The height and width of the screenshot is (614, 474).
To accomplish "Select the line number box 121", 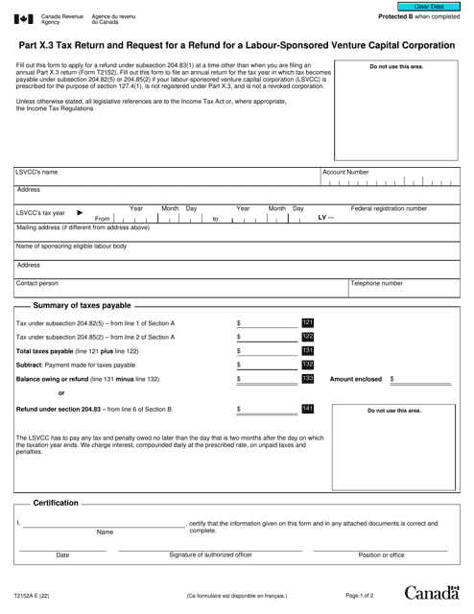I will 307,322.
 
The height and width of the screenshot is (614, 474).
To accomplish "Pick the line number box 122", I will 307,337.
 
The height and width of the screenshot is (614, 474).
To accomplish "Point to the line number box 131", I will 307,351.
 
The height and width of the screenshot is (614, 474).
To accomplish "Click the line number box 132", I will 307,366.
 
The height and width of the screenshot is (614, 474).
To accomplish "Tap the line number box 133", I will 307,380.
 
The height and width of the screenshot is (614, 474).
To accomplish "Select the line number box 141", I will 307,410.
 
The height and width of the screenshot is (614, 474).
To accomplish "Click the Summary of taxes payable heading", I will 82,304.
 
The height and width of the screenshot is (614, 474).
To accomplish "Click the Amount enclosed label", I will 355,380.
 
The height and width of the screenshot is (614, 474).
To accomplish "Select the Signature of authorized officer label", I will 210,555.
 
